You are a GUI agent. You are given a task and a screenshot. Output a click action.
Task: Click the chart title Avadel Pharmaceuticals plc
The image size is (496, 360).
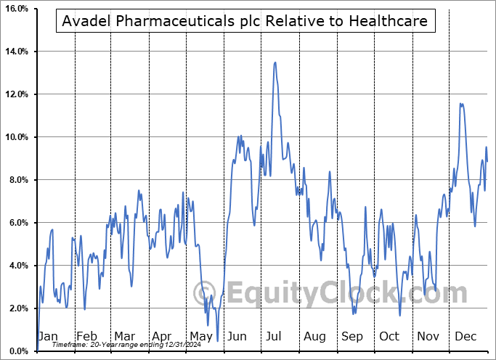pos(246,22)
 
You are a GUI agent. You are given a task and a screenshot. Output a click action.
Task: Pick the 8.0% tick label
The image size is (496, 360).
pos(17,180)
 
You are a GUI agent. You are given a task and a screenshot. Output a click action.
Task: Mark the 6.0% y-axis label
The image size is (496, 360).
pos(17,223)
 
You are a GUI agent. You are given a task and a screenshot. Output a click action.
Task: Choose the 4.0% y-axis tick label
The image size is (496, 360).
pos(17,266)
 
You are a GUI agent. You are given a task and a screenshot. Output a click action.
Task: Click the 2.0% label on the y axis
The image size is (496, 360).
pos(17,308)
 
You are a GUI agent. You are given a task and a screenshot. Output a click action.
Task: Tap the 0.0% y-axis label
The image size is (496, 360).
pos(17,351)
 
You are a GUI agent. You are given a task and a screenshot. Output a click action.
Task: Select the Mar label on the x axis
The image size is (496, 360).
pos(124,337)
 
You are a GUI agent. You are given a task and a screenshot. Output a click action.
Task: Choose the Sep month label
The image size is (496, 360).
pos(352,337)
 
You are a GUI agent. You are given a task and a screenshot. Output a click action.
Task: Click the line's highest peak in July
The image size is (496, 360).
pos(275,62)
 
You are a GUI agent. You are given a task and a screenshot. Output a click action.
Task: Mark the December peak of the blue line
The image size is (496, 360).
pos(461,104)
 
